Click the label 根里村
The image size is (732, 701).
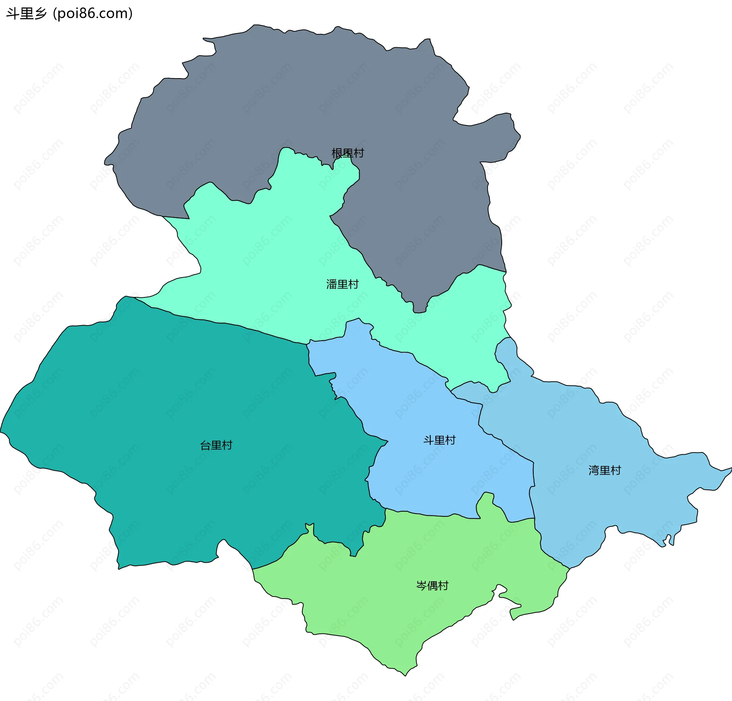(x=348, y=153)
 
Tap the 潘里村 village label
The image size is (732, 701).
(x=342, y=284)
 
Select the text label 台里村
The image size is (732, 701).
(x=216, y=445)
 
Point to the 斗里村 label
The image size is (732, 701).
(x=439, y=440)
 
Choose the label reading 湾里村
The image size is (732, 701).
(x=605, y=470)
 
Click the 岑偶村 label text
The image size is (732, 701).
(x=432, y=586)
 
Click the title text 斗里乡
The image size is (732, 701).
(x=26, y=14)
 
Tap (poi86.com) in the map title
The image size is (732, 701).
(x=93, y=14)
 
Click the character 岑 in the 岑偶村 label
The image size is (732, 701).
(x=421, y=586)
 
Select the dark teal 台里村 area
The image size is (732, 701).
(x=172, y=419)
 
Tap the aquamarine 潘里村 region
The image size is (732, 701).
(x=267, y=267)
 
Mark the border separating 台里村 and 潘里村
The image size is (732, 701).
(x=229, y=324)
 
